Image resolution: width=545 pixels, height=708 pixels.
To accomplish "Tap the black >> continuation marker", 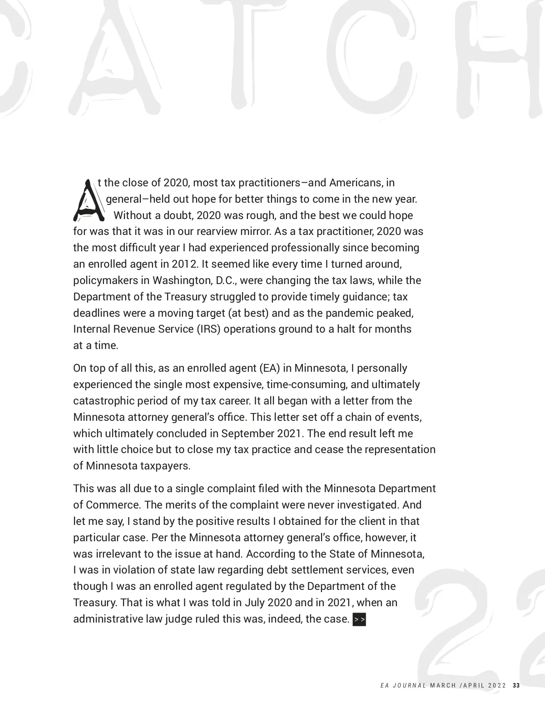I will [x=359, y=619].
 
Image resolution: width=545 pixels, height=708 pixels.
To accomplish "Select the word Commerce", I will [x=111, y=505].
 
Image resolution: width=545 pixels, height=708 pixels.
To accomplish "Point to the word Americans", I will [x=356, y=183].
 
